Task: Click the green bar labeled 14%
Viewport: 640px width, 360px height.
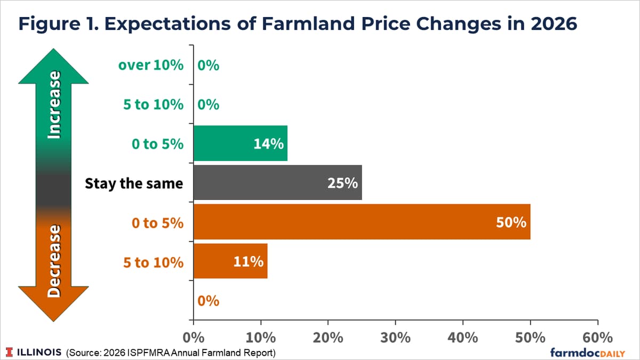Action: click(x=240, y=143)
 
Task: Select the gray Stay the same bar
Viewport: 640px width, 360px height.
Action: click(x=277, y=183)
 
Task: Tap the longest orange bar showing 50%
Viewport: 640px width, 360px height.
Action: click(x=362, y=222)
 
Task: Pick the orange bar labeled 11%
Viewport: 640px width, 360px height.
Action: click(x=230, y=261)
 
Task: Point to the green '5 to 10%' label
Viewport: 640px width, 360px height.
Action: click(x=153, y=105)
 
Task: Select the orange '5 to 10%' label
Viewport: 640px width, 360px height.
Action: click(x=153, y=262)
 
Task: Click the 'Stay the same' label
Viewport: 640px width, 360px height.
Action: click(x=134, y=183)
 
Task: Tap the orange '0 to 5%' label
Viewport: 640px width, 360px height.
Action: click(x=157, y=222)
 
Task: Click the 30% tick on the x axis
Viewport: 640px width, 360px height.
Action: click(x=395, y=338)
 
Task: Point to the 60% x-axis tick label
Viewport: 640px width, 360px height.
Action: click(x=597, y=338)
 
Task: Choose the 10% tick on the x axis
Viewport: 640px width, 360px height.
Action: click(x=261, y=338)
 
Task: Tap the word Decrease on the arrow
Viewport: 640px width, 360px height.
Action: click(x=53, y=261)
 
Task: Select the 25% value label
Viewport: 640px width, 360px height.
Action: click(x=342, y=183)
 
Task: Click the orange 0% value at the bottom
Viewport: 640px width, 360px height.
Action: click(x=209, y=301)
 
